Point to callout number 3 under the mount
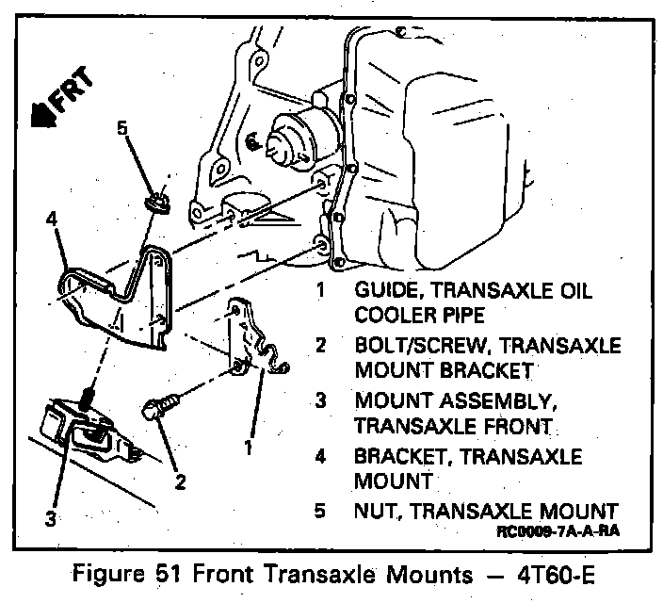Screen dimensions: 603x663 coord(50,516)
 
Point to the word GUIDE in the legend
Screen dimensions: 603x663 coord(386,290)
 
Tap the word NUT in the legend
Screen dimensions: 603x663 coord(374,512)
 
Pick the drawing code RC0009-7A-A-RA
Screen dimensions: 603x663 coord(562,531)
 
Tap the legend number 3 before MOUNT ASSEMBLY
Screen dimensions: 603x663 coord(320,399)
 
